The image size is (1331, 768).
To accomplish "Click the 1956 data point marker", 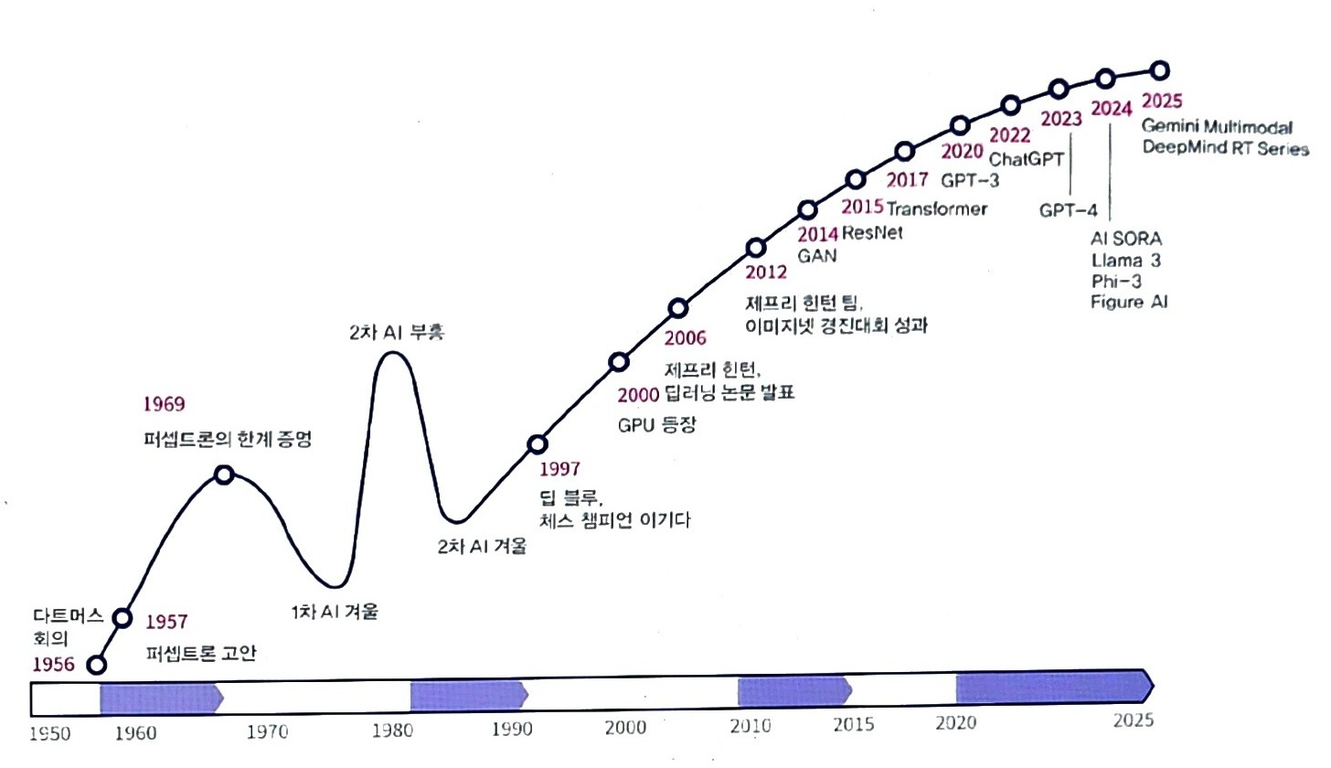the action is [x=96, y=665].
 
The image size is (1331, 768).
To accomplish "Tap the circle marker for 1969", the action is [x=224, y=475].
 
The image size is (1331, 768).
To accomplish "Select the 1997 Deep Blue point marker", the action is [x=538, y=444].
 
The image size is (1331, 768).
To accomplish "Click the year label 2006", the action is [x=685, y=338].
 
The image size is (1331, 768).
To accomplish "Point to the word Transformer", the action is [x=936, y=208].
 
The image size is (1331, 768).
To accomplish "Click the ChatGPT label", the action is [x=1026, y=159].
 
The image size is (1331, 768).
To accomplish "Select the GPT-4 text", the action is [x=1068, y=210].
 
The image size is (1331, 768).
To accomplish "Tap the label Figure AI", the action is [x=1129, y=303].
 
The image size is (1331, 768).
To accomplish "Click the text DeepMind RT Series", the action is [x=1225, y=147].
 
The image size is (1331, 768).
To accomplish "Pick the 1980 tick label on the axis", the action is [x=392, y=730].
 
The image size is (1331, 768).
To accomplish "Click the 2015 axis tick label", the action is [x=853, y=725].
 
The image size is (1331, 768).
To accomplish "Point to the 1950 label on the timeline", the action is [x=50, y=733].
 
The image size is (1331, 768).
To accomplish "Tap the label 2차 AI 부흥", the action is [x=397, y=332].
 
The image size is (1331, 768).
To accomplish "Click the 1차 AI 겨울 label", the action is [x=335, y=612].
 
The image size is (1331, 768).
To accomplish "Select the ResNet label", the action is [x=872, y=232].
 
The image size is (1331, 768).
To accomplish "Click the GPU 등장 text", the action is [x=656, y=424].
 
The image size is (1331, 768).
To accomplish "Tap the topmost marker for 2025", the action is [x=1159, y=70].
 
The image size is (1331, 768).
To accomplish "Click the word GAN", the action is [x=817, y=256].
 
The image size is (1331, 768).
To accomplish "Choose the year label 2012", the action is [x=766, y=272].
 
